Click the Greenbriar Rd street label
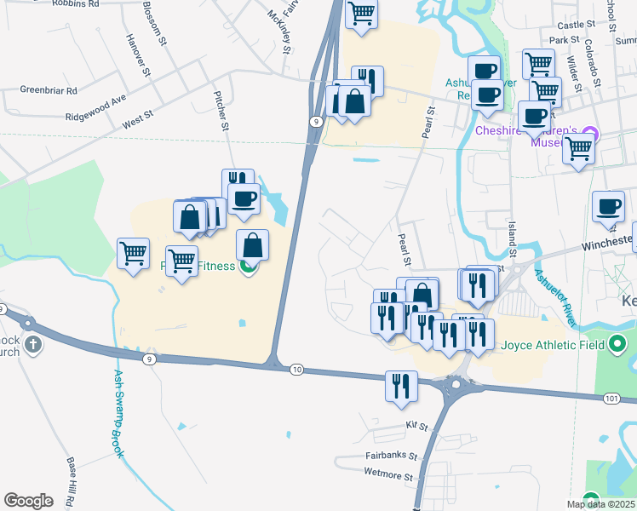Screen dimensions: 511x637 tap(49, 89)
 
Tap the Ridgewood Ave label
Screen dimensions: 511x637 tap(96, 111)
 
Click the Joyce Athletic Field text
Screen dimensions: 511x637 tap(553, 345)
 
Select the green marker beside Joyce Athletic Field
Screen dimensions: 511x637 tap(618, 345)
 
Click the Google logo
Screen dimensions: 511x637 tap(28, 501)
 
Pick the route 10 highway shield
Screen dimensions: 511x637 tap(296, 369)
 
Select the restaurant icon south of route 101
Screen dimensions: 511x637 tap(399, 385)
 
